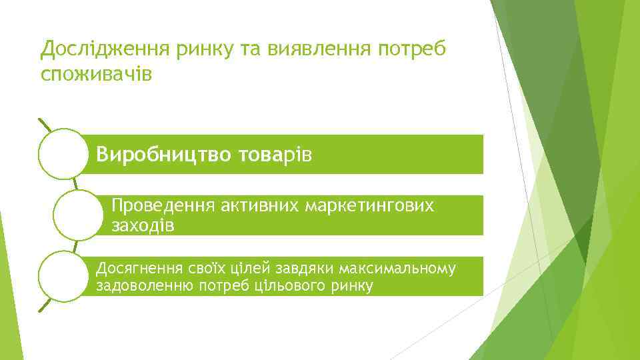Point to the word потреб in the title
415,48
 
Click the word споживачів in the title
96,73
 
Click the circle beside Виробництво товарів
62,154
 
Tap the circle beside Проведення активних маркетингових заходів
77,215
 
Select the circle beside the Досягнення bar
62,276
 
